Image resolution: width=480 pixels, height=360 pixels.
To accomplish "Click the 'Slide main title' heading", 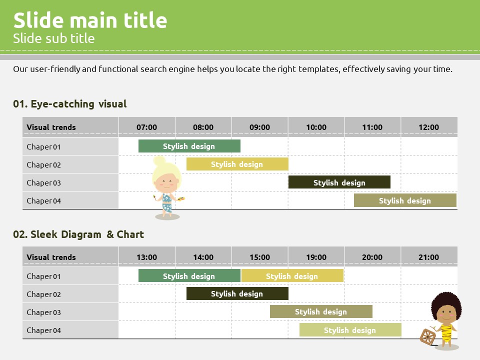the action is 90,20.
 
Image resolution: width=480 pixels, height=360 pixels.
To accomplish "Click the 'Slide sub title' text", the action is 54,38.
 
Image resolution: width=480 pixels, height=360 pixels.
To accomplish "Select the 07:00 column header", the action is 146,127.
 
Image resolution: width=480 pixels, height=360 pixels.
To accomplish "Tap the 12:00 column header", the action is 428,127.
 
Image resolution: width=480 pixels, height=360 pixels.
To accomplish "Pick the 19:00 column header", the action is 316,257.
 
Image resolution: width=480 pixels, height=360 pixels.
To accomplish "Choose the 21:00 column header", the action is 428,257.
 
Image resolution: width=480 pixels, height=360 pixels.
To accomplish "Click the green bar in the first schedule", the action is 189,146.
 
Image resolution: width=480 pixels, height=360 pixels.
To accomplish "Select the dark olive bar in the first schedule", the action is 339,182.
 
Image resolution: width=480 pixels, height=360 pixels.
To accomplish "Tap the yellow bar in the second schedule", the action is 292,275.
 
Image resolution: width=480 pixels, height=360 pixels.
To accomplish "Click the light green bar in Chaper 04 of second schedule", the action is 350,329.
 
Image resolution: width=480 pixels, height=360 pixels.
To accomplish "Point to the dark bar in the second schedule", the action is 237,293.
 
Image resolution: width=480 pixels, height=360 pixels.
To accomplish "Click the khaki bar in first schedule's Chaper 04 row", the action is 405,200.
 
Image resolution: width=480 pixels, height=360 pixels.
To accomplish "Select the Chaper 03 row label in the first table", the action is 44,183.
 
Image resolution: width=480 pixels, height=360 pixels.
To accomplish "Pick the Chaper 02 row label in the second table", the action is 44,294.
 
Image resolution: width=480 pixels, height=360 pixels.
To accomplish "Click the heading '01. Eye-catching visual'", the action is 70,104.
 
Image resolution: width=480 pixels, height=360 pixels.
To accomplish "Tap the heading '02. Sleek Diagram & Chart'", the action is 78,234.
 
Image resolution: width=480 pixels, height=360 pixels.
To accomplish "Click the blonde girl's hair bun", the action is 159,160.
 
